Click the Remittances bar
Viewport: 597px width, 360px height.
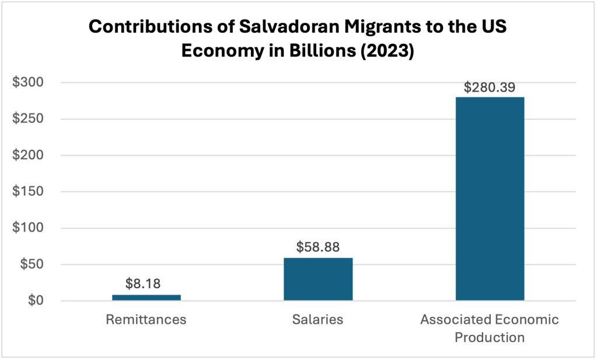pos(146,298)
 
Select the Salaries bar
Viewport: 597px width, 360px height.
pos(318,279)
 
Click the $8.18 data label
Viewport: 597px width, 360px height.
pos(143,284)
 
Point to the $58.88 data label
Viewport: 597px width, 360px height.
pos(318,247)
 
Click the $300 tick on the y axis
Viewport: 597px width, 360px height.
pos(28,83)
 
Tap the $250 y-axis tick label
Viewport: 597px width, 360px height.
pos(28,119)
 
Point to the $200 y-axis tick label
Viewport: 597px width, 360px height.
pos(28,156)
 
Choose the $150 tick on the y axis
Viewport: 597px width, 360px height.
pos(28,192)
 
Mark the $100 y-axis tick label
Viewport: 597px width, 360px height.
pos(28,228)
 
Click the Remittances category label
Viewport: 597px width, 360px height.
pos(146,320)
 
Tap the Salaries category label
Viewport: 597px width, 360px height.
pos(318,320)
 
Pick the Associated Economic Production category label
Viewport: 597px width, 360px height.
pos(490,328)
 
